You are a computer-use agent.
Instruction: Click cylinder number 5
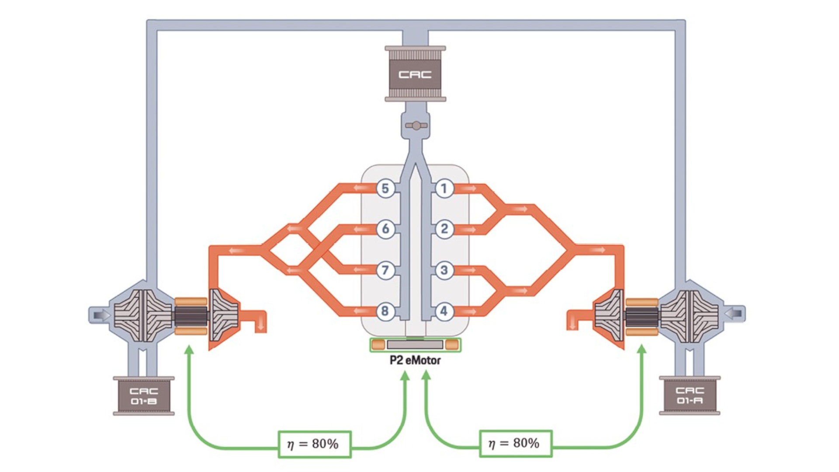point(385,188)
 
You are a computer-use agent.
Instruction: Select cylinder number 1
point(444,188)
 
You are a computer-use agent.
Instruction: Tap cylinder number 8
point(385,311)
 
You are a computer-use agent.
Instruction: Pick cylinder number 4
point(444,311)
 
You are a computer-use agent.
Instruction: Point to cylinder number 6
point(385,229)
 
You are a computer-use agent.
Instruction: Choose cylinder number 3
point(444,270)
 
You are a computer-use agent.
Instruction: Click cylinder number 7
point(385,270)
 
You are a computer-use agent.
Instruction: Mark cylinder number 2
point(444,229)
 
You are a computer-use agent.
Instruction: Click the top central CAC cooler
point(415,74)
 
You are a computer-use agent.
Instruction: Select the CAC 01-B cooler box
point(144,396)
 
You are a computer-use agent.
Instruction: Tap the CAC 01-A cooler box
point(690,395)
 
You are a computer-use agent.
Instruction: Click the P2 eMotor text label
point(415,361)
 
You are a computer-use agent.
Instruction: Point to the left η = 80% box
point(315,444)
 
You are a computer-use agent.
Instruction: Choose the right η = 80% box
point(516,443)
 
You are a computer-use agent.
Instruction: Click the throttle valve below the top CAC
point(416,126)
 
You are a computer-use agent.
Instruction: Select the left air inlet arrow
point(100,315)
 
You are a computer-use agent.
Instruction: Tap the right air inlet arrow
point(734,313)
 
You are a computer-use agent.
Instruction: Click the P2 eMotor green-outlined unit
point(415,345)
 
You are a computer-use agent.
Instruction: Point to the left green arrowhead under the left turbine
point(189,349)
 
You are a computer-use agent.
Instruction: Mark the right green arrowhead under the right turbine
point(642,349)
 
